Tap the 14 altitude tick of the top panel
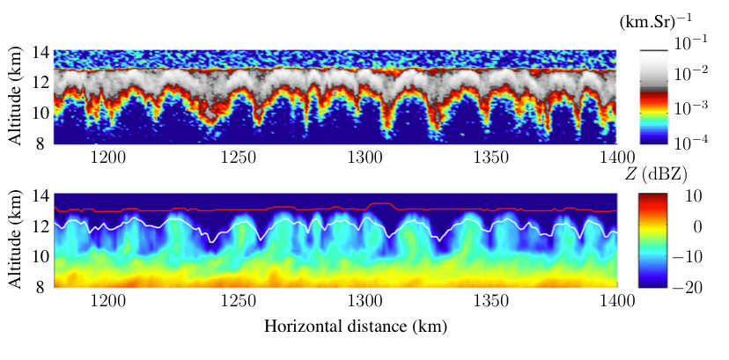[40, 53]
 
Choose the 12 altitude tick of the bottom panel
[40, 226]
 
